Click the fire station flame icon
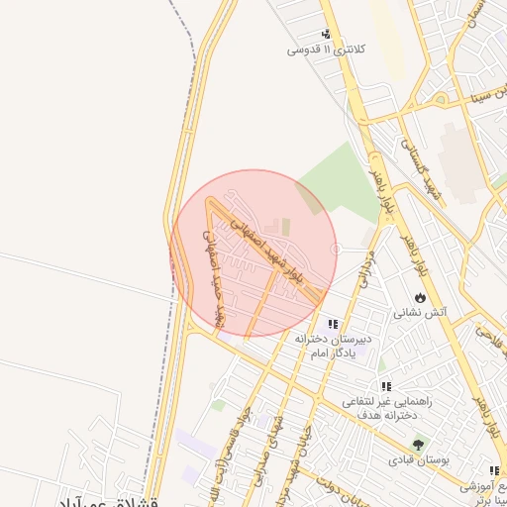click(421, 297)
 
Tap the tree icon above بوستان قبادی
click(418, 446)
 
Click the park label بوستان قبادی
click(418, 461)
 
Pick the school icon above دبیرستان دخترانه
click(333, 324)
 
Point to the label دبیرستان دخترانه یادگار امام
click(333, 346)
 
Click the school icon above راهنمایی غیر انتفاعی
click(385, 387)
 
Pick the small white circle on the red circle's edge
click(337, 249)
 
